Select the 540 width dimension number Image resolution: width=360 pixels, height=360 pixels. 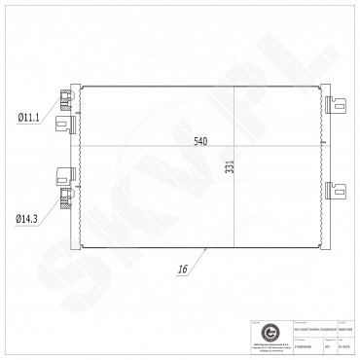tap(200, 142)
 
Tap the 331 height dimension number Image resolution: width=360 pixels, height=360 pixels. tap(231, 167)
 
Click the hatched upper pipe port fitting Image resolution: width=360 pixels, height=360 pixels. tap(67, 96)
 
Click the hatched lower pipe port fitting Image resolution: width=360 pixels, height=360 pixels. tap(67, 198)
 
